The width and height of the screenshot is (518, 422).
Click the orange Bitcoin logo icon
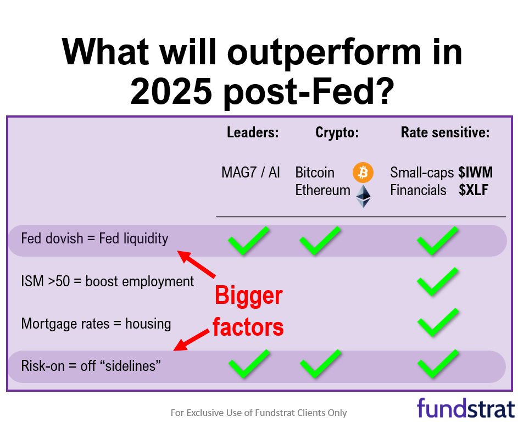click(363, 173)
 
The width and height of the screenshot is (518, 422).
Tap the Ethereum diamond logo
click(363, 196)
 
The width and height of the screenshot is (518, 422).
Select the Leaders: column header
click(253, 132)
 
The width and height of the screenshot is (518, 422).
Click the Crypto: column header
click(337, 132)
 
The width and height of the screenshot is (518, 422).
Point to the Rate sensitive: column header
click(445, 132)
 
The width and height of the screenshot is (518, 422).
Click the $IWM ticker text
click(475, 173)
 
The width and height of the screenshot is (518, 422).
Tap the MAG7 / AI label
click(250, 173)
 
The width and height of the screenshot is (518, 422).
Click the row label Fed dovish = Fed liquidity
click(94, 239)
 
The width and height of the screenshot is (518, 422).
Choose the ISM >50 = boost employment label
click(108, 281)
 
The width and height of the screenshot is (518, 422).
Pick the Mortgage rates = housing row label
click(96, 324)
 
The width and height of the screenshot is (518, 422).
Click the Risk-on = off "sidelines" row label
click(91, 366)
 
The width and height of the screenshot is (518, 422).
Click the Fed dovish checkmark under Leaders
click(249, 241)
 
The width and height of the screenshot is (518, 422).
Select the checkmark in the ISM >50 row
click(437, 282)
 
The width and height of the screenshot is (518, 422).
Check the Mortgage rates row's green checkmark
click(437, 323)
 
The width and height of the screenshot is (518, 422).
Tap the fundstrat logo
click(465, 408)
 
